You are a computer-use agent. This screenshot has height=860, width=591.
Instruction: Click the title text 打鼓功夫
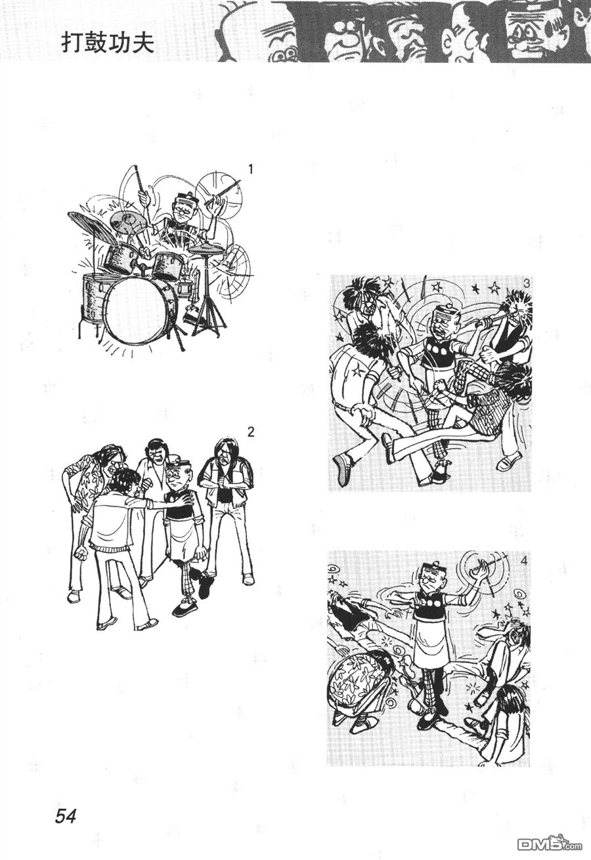tap(108, 44)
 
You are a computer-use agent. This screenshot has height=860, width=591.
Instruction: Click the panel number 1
tap(251, 169)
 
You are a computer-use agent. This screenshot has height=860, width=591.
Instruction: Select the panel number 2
tap(251, 432)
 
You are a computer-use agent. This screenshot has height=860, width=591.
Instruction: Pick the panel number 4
tap(525, 562)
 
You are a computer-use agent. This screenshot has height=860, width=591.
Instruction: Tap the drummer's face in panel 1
tap(182, 209)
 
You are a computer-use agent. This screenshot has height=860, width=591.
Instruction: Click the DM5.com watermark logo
tap(550, 844)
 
